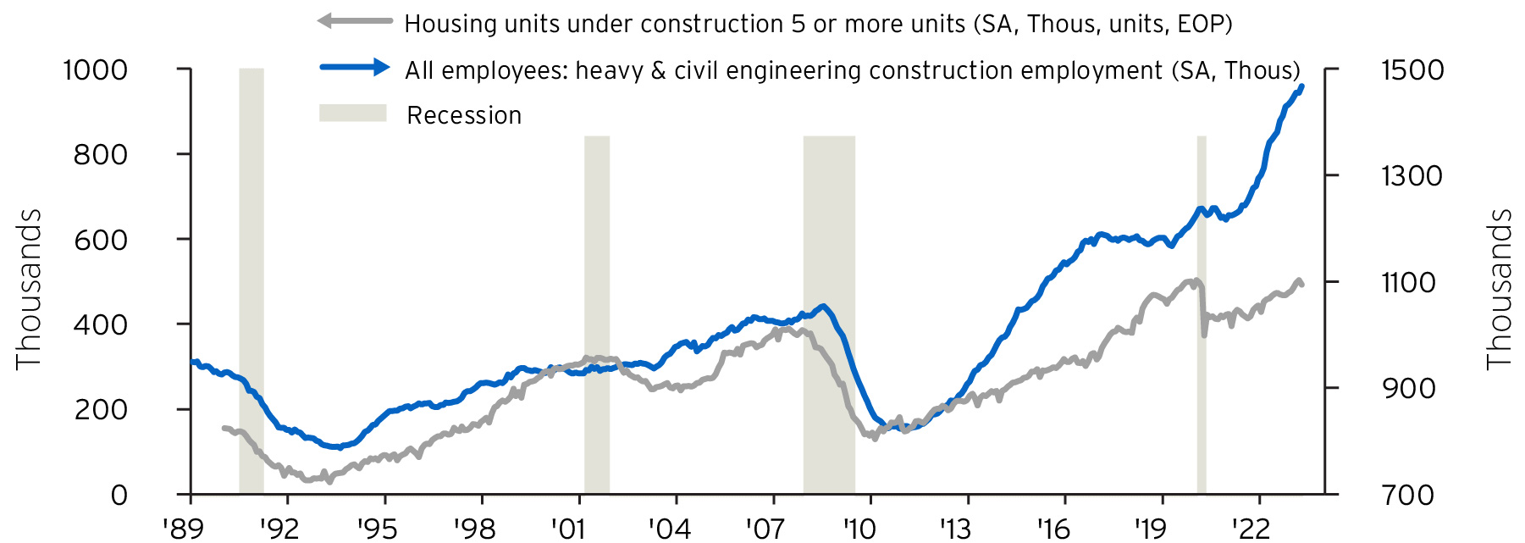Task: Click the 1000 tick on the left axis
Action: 95,69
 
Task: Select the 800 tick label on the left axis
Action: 100,154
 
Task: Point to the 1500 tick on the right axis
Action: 1412,69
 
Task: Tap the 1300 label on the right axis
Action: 1412,175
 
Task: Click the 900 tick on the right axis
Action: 1408,388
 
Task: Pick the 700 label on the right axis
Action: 1408,494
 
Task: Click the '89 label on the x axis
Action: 185,529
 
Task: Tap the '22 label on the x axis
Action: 1251,529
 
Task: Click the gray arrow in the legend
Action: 354,21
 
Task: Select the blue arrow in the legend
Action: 354,68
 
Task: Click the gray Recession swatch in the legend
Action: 352,114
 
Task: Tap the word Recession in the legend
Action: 464,115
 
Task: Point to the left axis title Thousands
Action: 29,289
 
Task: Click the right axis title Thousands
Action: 1500,289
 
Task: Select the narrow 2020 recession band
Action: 1201,313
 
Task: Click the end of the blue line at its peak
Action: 1301,86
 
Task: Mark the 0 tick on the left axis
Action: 119,495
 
